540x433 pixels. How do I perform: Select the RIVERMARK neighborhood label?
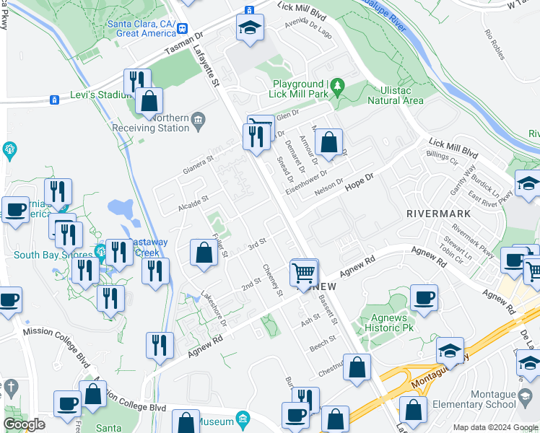438,214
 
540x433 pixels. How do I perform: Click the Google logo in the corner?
25,424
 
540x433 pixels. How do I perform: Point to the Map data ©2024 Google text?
495,427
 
